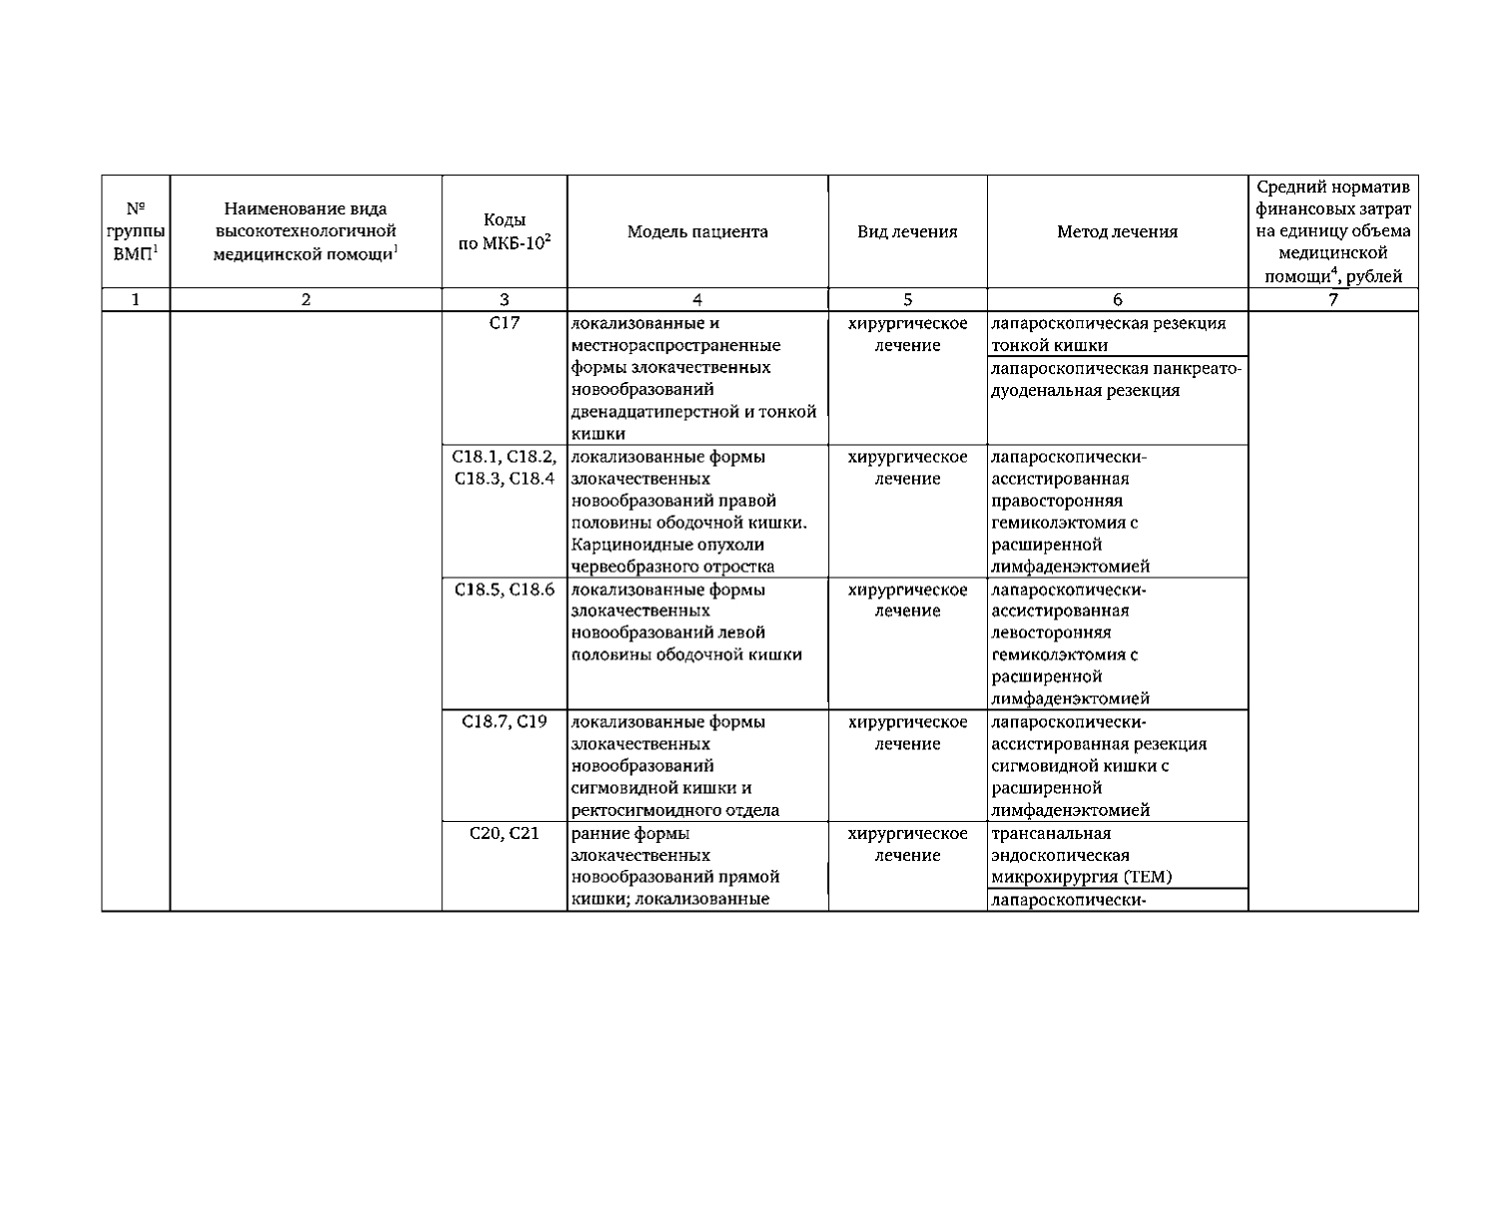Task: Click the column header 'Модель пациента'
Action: click(698, 232)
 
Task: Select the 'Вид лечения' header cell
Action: click(907, 232)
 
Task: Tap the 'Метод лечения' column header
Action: click(1117, 232)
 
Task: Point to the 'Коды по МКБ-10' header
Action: click(504, 232)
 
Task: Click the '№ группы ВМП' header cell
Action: click(136, 232)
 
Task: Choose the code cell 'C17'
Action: click(504, 324)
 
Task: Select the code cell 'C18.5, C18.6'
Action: click(504, 590)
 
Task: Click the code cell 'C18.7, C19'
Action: click(504, 722)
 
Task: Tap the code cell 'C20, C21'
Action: click(504, 834)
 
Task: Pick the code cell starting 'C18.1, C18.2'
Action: click(504, 468)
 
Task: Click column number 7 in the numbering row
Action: click(1333, 299)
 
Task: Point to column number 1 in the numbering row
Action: click(136, 299)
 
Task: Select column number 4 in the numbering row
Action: click(698, 299)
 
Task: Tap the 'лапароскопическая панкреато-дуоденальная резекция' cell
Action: click(1116, 380)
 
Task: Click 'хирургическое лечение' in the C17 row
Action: click(907, 335)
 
